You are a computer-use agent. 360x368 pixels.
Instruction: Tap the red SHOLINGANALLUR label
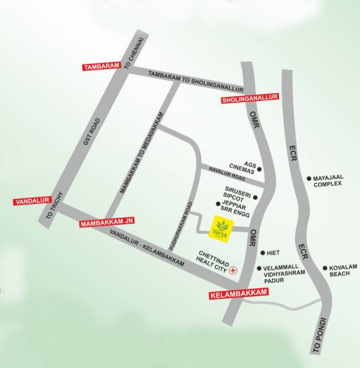pyautogui.click(x=250, y=98)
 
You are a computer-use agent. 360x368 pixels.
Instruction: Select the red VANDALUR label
pyautogui.click(x=29, y=201)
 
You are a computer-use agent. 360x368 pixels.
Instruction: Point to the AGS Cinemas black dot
pyautogui.click(x=259, y=169)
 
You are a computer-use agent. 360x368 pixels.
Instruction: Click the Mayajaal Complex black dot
pyautogui.click(x=309, y=179)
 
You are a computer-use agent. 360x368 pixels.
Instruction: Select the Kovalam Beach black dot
pyautogui.click(x=325, y=267)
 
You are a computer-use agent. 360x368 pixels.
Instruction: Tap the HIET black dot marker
pyautogui.click(x=262, y=253)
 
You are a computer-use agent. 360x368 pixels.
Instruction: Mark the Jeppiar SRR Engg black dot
pyautogui.click(x=218, y=204)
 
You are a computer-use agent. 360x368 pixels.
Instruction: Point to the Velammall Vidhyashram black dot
pyautogui.click(x=259, y=268)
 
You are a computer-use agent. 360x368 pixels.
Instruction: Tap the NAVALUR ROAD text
pyautogui.click(x=226, y=175)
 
